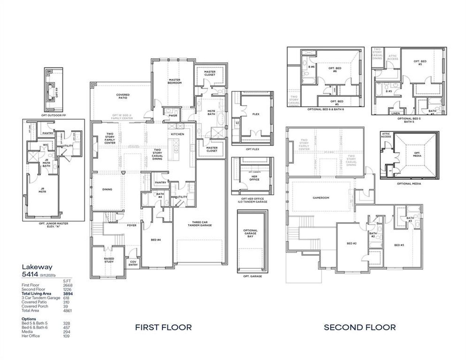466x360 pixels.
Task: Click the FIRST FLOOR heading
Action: [163, 327]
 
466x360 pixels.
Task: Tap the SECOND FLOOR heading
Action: [360, 327]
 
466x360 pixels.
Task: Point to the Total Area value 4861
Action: [67, 310]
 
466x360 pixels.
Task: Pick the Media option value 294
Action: [66, 332]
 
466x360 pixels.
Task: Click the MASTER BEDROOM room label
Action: [174, 81]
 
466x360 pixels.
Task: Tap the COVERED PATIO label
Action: [123, 96]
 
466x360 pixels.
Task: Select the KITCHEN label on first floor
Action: [178, 134]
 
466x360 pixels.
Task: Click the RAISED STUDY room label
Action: [109, 260]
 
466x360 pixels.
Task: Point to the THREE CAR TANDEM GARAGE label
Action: [200, 223]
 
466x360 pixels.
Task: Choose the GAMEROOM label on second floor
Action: [321, 198]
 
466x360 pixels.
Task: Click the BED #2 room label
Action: [351, 243]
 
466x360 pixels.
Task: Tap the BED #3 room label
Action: [399, 245]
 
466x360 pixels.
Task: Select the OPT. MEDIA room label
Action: [417, 154]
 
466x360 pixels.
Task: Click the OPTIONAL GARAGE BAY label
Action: [250, 233]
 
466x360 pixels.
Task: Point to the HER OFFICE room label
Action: [254, 178]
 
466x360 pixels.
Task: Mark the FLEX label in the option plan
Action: [256, 114]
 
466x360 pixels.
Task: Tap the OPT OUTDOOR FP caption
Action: [54, 115]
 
